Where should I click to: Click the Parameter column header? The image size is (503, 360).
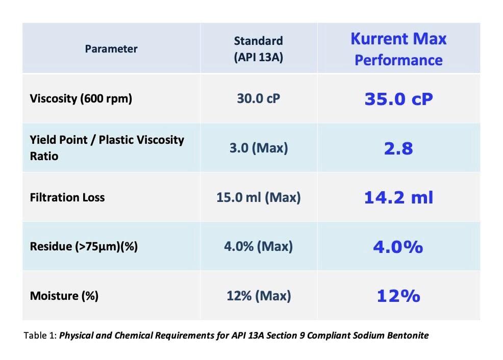(111, 49)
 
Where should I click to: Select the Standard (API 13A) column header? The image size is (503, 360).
(258, 49)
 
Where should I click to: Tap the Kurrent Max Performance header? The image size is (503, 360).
(398, 49)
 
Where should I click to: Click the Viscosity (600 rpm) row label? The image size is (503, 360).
(81, 98)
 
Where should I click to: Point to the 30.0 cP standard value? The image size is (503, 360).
(258, 98)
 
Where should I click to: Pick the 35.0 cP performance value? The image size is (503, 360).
(398, 98)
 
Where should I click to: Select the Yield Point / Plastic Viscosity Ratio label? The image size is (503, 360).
(107, 148)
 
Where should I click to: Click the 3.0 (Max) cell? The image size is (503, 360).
(258, 148)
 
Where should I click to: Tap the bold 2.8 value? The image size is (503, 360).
(398, 148)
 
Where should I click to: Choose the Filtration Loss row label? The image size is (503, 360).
(67, 197)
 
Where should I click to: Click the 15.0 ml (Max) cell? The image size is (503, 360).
(258, 197)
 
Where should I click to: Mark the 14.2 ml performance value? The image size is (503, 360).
(398, 197)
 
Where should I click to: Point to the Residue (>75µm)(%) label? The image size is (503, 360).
(84, 247)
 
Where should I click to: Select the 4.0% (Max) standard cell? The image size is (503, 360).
(258, 247)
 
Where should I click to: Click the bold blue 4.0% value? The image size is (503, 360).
(398, 247)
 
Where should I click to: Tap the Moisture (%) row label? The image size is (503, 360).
(64, 296)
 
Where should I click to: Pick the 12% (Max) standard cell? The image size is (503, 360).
(258, 296)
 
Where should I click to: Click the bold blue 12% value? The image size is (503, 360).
(398, 296)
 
